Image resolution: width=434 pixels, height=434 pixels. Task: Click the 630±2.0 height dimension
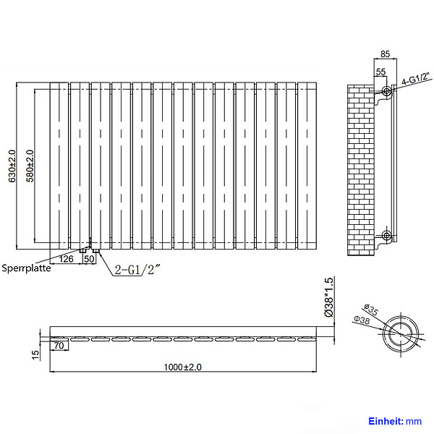[12, 166]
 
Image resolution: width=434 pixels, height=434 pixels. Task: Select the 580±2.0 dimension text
[30, 166]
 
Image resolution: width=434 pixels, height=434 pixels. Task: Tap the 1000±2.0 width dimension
[183, 367]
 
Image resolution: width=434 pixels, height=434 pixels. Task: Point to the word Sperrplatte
[26, 268]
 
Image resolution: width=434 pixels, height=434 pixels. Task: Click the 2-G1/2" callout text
[137, 269]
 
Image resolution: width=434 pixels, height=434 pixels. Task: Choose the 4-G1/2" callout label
[416, 79]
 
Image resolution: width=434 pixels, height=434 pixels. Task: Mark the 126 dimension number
[66, 259]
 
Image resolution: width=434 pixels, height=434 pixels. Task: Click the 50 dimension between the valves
[89, 259]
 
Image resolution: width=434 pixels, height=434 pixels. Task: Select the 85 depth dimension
[385, 54]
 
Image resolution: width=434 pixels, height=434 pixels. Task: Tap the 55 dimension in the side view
[380, 72]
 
